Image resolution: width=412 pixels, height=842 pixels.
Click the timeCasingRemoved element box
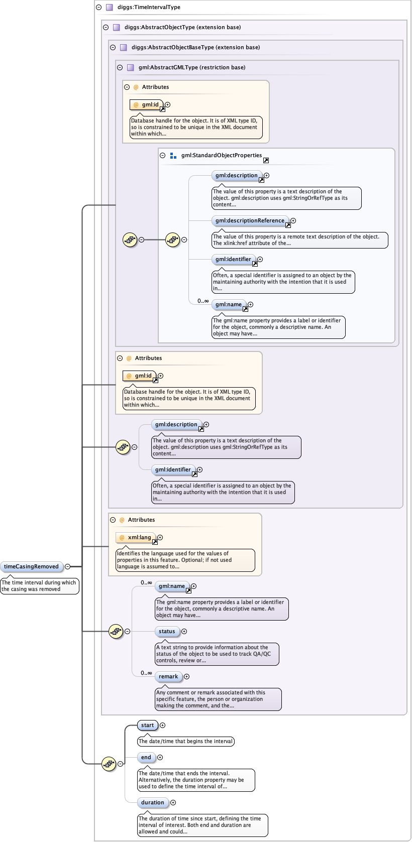pyautogui.click(x=32, y=566)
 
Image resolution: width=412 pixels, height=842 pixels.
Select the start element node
pyautogui.click(x=148, y=725)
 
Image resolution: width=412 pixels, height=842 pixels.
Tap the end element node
pyautogui.click(x=146, y=757)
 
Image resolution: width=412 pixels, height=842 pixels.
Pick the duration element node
pyautogui.click(x=153, y=802)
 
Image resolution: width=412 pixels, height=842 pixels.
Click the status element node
pyautogui.click(x=167, y=631)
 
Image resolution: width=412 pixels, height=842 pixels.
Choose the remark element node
pyautogui.click(x=168, y=676)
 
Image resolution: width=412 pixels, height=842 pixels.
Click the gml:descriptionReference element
pyautogui.click(x=250, y=220)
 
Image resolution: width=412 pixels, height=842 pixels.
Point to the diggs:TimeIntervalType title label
pyautogui.click(x=149, y=7)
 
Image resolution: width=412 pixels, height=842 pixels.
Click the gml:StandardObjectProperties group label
pyautogui.click(x=222, y=155)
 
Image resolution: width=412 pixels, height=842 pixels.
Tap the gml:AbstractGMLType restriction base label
pyautogui.click(x=192, y=67)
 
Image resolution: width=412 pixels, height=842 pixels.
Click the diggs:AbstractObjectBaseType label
pyautogui.click(x=195, y=47)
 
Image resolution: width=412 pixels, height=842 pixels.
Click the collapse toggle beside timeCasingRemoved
pyautogui.click(x=67, y=566)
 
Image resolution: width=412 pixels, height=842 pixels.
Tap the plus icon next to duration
pyautogui.click(x=173, y=802)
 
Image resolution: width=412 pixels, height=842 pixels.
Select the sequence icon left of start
pyautogui.click(x=109, y=764)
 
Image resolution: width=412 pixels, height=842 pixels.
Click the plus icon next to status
pyautogui.click(x=184, y=631)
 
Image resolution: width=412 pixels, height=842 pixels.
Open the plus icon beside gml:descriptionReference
pyautogui.click(x=293, y=220)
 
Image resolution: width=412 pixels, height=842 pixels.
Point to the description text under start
pyautogui.click(x=185, y=741)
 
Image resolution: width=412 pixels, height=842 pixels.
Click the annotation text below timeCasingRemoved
pyautogui.click(x=39, y=586)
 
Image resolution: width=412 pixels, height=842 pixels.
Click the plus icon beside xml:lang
pyautogui.click(x=160, y=537)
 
